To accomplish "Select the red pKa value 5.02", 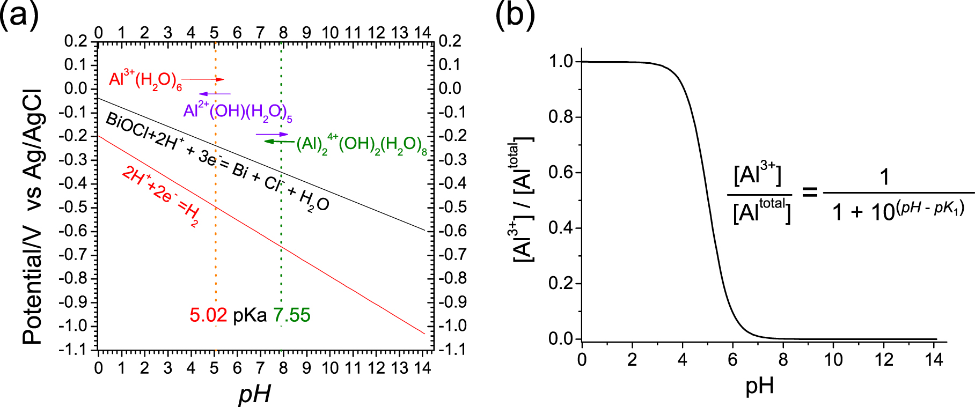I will click(208, 315).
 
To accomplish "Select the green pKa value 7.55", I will click(292, 315).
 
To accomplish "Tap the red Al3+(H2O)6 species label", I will click(145, 80).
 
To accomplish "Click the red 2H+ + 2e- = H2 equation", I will click(160, 196).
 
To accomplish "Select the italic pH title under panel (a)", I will click(254, 394).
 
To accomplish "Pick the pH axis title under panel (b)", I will click(759, 385).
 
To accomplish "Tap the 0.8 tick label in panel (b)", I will click(561, 117).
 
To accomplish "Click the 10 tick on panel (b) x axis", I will click(833, 359).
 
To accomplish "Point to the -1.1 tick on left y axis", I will click(76, 350).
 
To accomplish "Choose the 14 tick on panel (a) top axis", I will click(422, 33).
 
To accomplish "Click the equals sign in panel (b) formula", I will click(809, 191).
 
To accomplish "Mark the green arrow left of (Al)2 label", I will click(280, 142).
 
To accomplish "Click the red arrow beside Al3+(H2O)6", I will click(203, 79).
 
